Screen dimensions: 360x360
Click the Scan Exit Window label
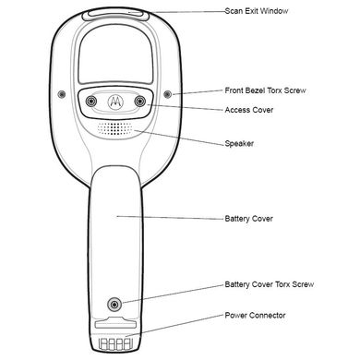point(257,11)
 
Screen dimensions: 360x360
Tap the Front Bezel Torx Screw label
point(265,90)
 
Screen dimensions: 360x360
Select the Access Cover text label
point(249,110)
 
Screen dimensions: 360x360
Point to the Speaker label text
point(239,144)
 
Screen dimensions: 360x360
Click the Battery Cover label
point(249,219)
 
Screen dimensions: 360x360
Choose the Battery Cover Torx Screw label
point(270,284)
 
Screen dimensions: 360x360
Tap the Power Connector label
point(255,316)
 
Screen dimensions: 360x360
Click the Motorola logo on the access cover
point(115,102)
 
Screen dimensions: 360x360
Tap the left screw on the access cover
point(91,102)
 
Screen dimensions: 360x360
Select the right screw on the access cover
point(140,101)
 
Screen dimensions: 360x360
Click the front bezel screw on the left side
point(62,94)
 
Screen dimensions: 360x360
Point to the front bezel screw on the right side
point(167,94)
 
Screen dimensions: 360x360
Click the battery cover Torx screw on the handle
point(114,305)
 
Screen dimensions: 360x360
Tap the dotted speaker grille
point(115,128)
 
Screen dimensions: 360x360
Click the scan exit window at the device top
point(115,14)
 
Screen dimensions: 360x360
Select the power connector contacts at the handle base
point(115,343)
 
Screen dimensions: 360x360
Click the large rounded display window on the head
point(115,54)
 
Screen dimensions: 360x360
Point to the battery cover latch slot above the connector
point(115,324)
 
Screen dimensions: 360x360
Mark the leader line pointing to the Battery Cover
point(170,218)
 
